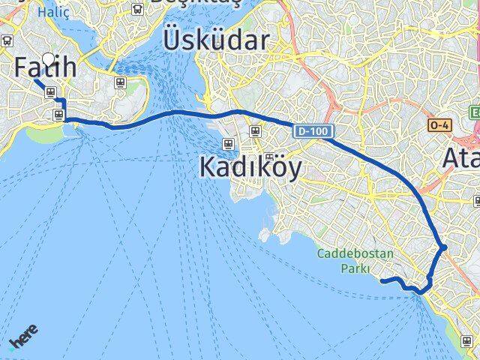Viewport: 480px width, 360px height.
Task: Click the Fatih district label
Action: tap(45, 68)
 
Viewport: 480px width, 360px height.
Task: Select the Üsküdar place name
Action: tap(215, 39)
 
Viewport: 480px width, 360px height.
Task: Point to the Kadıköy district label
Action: tap(250, 167)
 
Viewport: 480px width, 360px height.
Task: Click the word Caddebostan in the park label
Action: tap(354, 253)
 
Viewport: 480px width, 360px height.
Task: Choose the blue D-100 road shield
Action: tap(311, 131)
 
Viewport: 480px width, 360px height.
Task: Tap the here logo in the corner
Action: tap(24, 339)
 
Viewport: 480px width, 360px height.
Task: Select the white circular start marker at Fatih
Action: tap(49, 58)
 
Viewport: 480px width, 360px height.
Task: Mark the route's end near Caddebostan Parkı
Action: tap(383, 280)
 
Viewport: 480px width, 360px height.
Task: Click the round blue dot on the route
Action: tap(443, 247)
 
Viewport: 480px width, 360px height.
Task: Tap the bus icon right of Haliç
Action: tap(137, 9)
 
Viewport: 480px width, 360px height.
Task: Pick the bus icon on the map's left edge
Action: tap(7, 41)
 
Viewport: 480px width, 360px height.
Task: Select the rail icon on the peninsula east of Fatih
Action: tap(119, 82)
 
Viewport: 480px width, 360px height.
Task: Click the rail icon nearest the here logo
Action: tap(58, 114)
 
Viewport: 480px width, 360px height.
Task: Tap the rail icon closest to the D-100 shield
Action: tap(255, 130)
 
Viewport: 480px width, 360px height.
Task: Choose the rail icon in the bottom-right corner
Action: tap(466, 340)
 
